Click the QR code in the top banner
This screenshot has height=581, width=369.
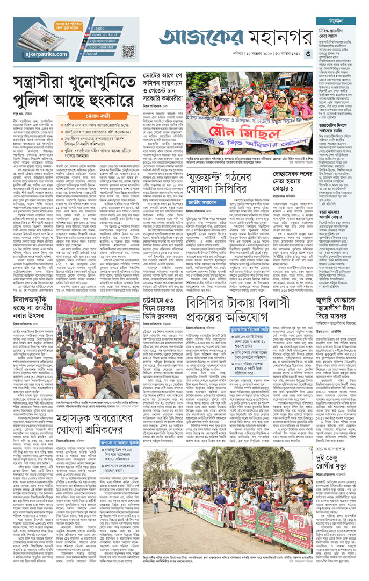pos(128,51)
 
